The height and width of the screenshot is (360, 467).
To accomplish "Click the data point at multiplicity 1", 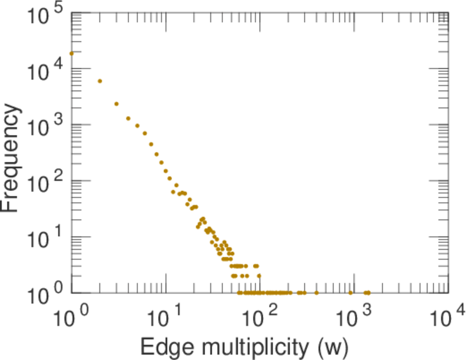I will pos(72,53).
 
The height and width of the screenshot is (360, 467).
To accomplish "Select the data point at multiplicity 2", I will pos(100,81).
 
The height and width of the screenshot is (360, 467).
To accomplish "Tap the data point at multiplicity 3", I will pos(116,104).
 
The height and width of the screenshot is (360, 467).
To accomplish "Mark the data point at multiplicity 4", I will pos(128,118).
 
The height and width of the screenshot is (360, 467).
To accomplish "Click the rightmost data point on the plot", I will pos(368,293).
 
